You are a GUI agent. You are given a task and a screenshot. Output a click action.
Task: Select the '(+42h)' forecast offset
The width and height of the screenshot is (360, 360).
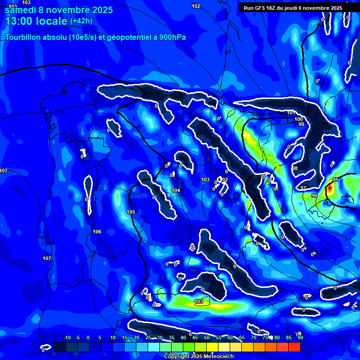pos(81,21)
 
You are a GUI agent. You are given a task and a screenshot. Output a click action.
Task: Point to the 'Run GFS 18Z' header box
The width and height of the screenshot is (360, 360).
pos(293,7)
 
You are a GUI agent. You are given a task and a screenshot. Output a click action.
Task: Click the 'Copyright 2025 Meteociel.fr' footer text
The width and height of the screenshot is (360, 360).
pos(200,356)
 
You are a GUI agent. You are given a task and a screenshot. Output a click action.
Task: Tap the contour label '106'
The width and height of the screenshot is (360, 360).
pos(97,232)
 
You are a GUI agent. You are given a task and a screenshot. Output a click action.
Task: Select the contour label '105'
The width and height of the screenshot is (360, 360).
pos(131,212)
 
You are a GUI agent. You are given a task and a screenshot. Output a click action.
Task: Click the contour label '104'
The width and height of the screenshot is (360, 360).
pos(176,190)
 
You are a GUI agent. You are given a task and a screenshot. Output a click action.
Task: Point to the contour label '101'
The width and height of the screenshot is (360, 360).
pos(291,113)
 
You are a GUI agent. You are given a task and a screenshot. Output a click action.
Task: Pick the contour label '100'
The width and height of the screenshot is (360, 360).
pos(299,119)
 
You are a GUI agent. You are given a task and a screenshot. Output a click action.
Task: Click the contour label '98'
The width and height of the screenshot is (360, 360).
pos(295,168)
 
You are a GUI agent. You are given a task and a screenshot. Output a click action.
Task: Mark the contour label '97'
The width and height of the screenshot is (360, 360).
pos(303,188)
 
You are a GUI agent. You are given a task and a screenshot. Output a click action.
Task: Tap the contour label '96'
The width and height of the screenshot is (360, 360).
pos(314,195)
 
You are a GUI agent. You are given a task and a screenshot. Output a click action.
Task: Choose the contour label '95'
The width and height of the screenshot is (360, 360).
pos(336,180)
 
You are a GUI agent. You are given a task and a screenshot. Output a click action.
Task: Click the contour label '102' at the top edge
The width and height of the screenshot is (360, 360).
pos(196,6)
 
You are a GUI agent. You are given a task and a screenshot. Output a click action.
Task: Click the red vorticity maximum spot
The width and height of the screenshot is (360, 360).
pos(330,188)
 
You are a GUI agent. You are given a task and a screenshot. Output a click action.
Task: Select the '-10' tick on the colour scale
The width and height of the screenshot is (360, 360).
pos(67,337)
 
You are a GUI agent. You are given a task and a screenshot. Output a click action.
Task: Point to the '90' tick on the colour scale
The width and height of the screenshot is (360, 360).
pos(300,337)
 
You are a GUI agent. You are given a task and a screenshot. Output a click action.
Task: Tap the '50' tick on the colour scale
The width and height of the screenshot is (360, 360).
pos(207,337)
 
